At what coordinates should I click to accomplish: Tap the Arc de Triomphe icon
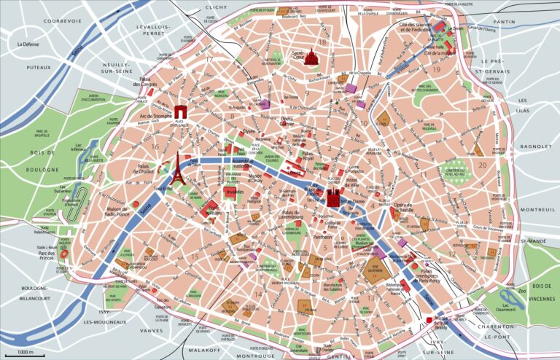coord(180,111)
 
